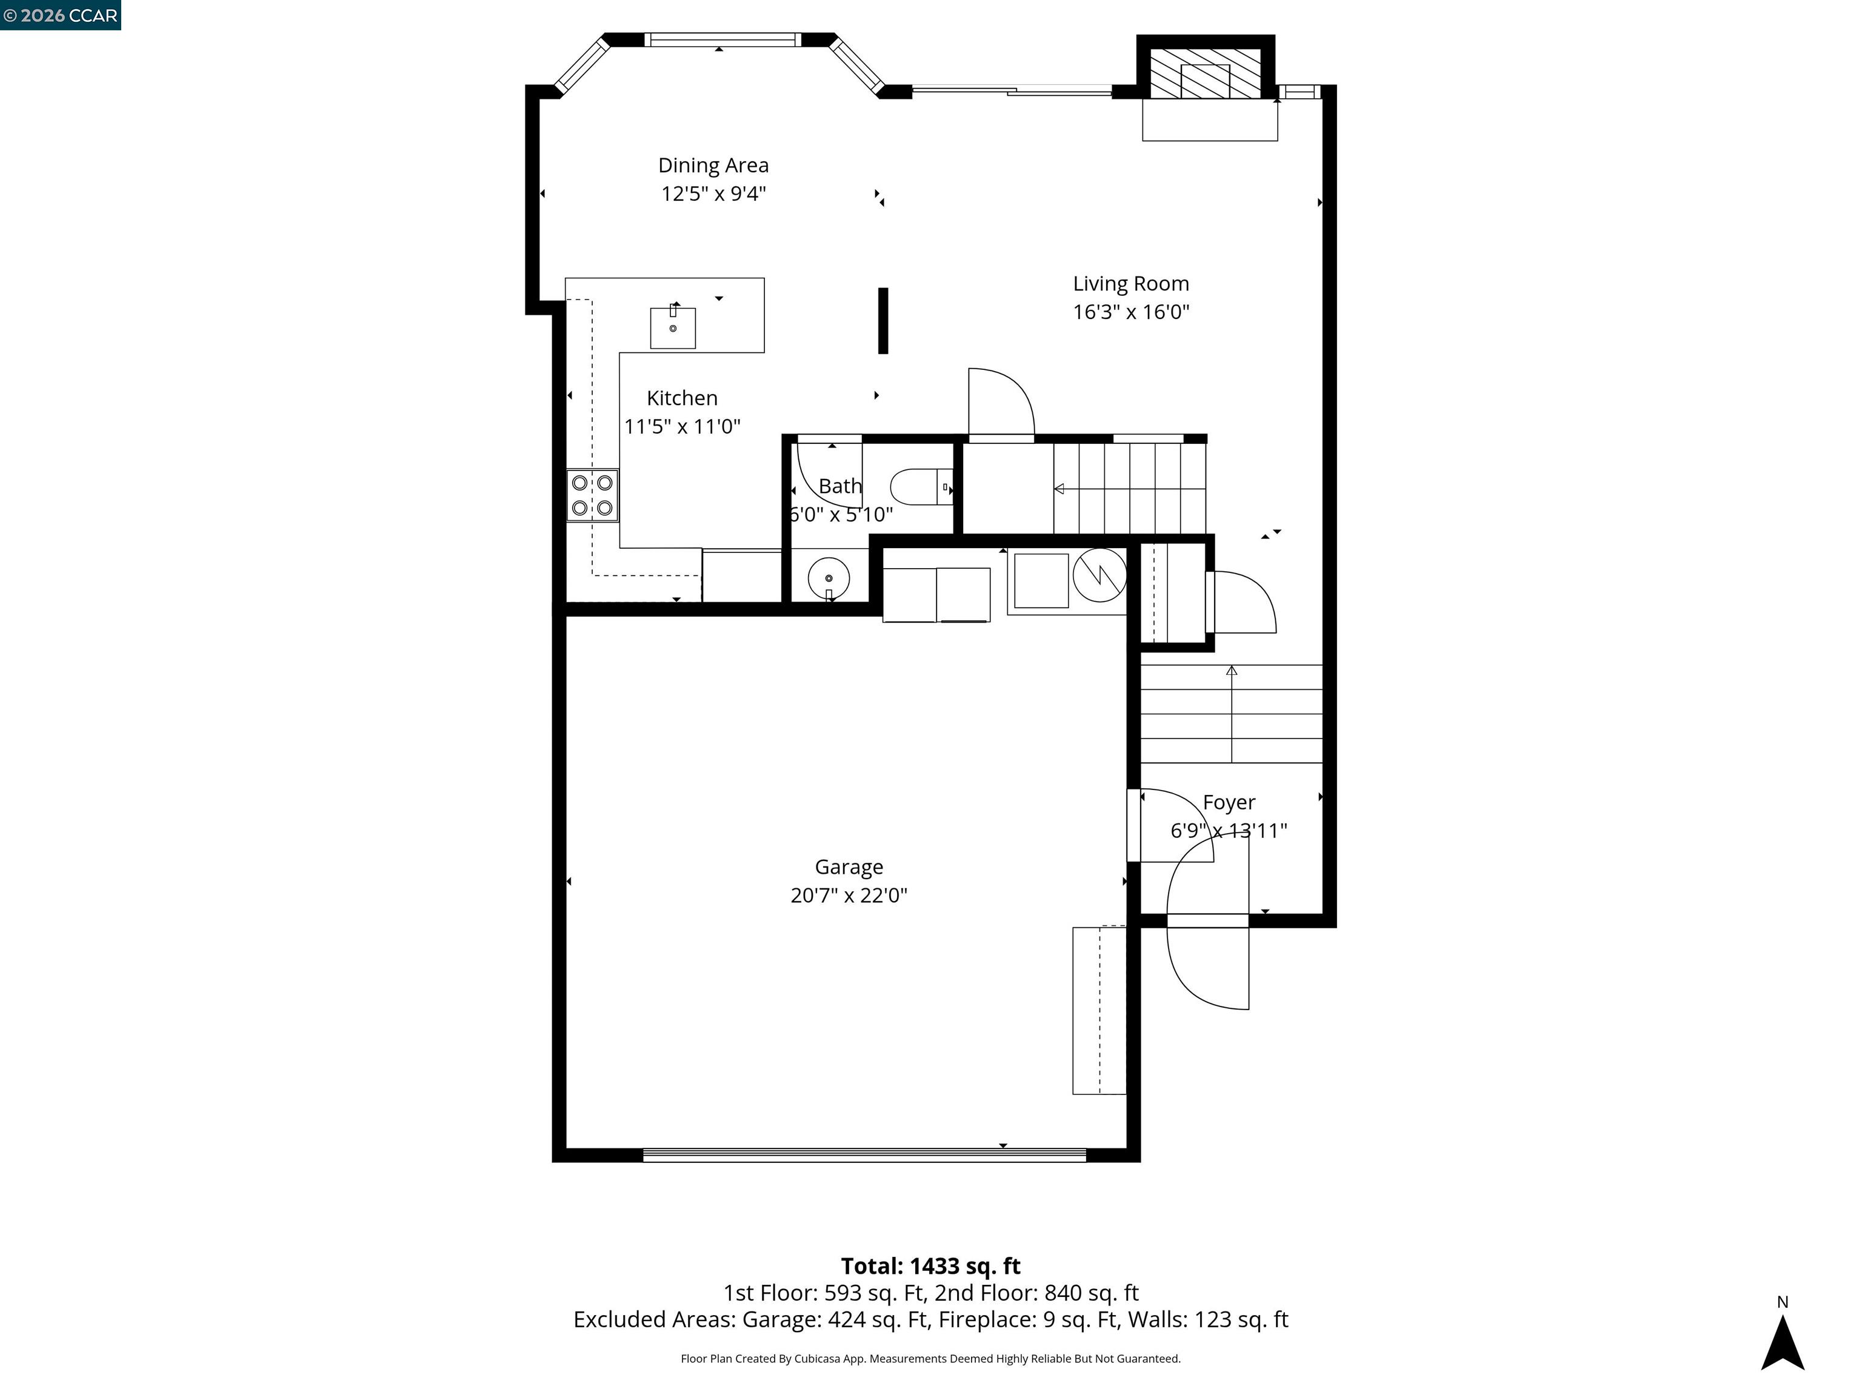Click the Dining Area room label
[713, 166]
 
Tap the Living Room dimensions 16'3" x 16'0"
[1130, 312]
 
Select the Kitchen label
[682, 398]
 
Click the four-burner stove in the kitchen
[592, 496]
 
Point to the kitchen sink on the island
[673, 327]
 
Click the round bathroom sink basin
[829, 578]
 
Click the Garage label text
[849, 867]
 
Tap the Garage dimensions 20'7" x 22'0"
[849, 895]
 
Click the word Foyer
[1229, 803]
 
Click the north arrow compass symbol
[1782, 1342]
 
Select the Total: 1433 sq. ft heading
[930, 1265]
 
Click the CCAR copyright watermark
[61, 15]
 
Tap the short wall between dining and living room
[883, 321]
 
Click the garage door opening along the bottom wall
[864, 1155]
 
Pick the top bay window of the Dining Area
[722, 39]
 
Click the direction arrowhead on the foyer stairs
[1232, 670]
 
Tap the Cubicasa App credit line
[930, 1358]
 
